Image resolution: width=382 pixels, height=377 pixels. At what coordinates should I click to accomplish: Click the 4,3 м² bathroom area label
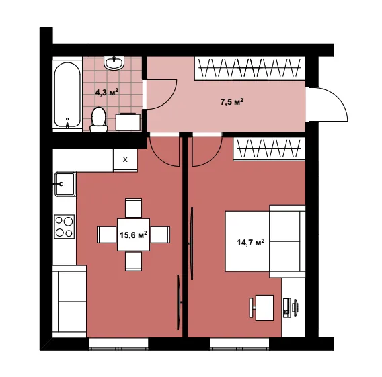coord(107,92)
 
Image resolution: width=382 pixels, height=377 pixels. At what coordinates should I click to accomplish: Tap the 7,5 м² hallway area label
coord(232,101)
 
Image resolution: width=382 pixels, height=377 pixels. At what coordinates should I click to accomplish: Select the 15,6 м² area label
coord(134,235)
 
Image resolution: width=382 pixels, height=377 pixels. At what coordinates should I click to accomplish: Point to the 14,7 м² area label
coord(251,243)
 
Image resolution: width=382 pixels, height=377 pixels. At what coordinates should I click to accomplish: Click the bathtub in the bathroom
coord(67,95)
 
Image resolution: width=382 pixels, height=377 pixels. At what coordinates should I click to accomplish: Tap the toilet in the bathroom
coord(99,120)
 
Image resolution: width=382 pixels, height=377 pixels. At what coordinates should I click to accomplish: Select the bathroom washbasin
coord(114,62)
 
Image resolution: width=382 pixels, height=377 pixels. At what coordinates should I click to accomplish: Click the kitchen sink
coord(65,184)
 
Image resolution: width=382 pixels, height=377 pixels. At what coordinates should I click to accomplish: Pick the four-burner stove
coord(65,226)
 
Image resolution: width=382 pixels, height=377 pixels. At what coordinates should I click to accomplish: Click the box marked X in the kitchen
coord(125,160)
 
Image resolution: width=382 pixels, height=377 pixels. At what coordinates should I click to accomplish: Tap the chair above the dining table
coord(133,208)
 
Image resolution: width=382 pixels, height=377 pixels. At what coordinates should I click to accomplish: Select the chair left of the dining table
coord(107,235)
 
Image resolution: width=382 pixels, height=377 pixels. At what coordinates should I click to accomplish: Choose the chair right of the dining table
coord(160,235)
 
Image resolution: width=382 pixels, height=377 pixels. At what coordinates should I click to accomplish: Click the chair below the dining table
coord(133,261)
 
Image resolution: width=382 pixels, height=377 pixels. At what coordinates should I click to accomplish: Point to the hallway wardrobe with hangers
coord(250,68)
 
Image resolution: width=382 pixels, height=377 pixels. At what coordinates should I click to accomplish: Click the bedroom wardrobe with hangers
coord(269,149)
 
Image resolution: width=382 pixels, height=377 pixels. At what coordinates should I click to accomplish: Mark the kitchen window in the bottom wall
coord(118,344)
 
